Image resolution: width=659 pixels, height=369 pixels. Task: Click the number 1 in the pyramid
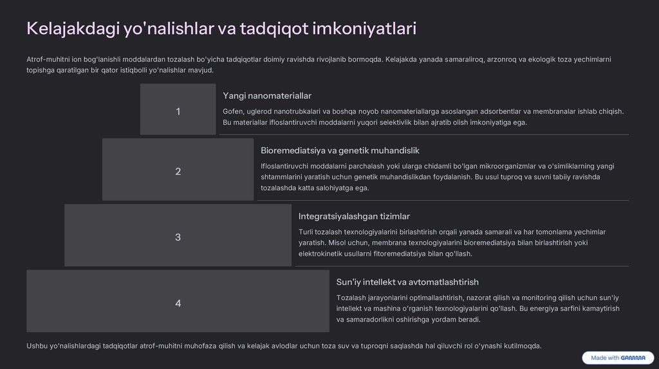click(178, 112)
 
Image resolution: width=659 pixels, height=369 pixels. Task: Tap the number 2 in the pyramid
click(178, 172)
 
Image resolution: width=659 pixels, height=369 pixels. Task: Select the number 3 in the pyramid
click(178, 238)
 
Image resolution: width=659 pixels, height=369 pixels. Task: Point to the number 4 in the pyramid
click(178, 303)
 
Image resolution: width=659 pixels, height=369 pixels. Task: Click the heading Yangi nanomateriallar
click(267, 96)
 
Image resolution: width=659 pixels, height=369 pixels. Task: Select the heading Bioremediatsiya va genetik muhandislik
click(340, 150)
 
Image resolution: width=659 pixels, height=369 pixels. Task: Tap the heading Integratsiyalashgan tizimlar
click(354, 216)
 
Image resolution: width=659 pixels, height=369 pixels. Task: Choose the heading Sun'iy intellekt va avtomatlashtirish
click(407, 282)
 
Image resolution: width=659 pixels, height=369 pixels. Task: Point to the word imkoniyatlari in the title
click(364, 29)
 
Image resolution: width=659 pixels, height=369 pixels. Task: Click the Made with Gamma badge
click(618, 358)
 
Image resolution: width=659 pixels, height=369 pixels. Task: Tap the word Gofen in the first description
click(233, 111)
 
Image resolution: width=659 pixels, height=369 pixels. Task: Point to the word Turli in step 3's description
click(307, 232)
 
